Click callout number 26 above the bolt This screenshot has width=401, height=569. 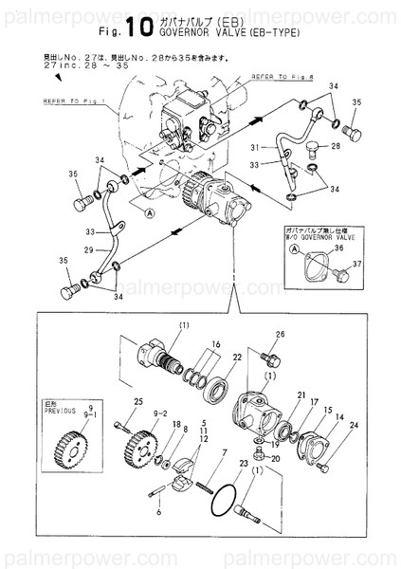pos(280,334)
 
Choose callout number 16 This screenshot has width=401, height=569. pos(215,346)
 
